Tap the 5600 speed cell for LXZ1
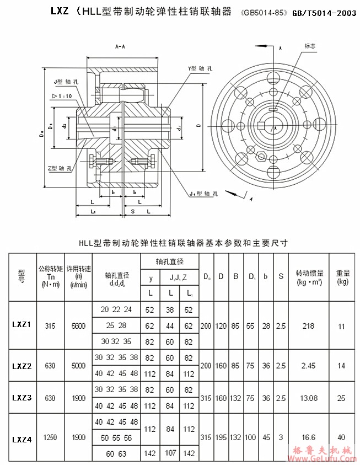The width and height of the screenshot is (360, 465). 78,326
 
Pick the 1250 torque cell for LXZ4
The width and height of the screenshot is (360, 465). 50,437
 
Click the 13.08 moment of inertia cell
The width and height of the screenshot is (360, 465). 309,397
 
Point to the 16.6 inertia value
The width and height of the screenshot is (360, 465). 309,437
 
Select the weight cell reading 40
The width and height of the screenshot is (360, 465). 342,437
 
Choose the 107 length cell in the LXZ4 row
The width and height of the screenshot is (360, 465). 171,453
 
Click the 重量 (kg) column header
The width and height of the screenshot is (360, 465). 342,277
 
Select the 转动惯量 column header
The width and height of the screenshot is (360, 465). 309,277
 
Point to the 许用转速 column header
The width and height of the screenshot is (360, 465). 78,277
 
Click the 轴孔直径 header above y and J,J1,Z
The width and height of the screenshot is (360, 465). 169,261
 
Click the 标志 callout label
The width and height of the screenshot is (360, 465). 309,47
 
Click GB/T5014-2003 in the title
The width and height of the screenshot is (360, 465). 324,11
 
